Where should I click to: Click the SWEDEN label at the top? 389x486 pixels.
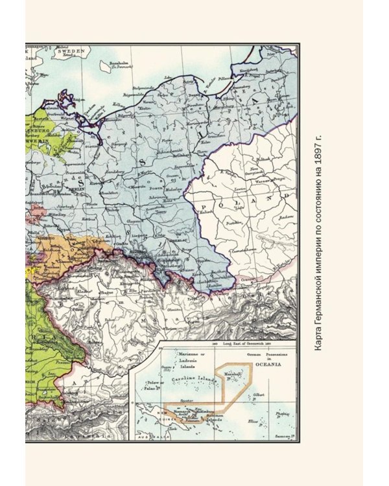75,51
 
